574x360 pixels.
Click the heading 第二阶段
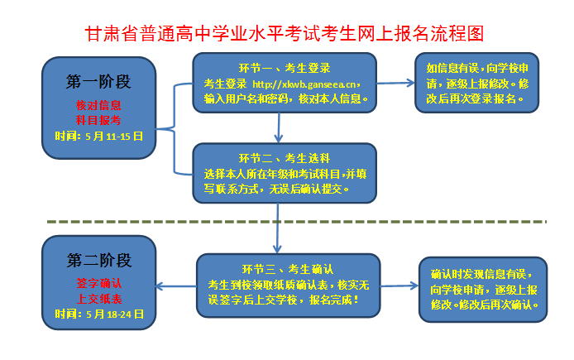point(98,261)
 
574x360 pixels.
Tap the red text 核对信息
point(98,105)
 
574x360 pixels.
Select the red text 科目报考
point(98,119)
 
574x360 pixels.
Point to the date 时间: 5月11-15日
point(98,135)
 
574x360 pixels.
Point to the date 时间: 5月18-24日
point(98,314)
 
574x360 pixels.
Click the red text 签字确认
point(98,284)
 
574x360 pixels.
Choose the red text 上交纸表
point(98,299)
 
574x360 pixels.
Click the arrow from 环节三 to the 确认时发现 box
point(399,286)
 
